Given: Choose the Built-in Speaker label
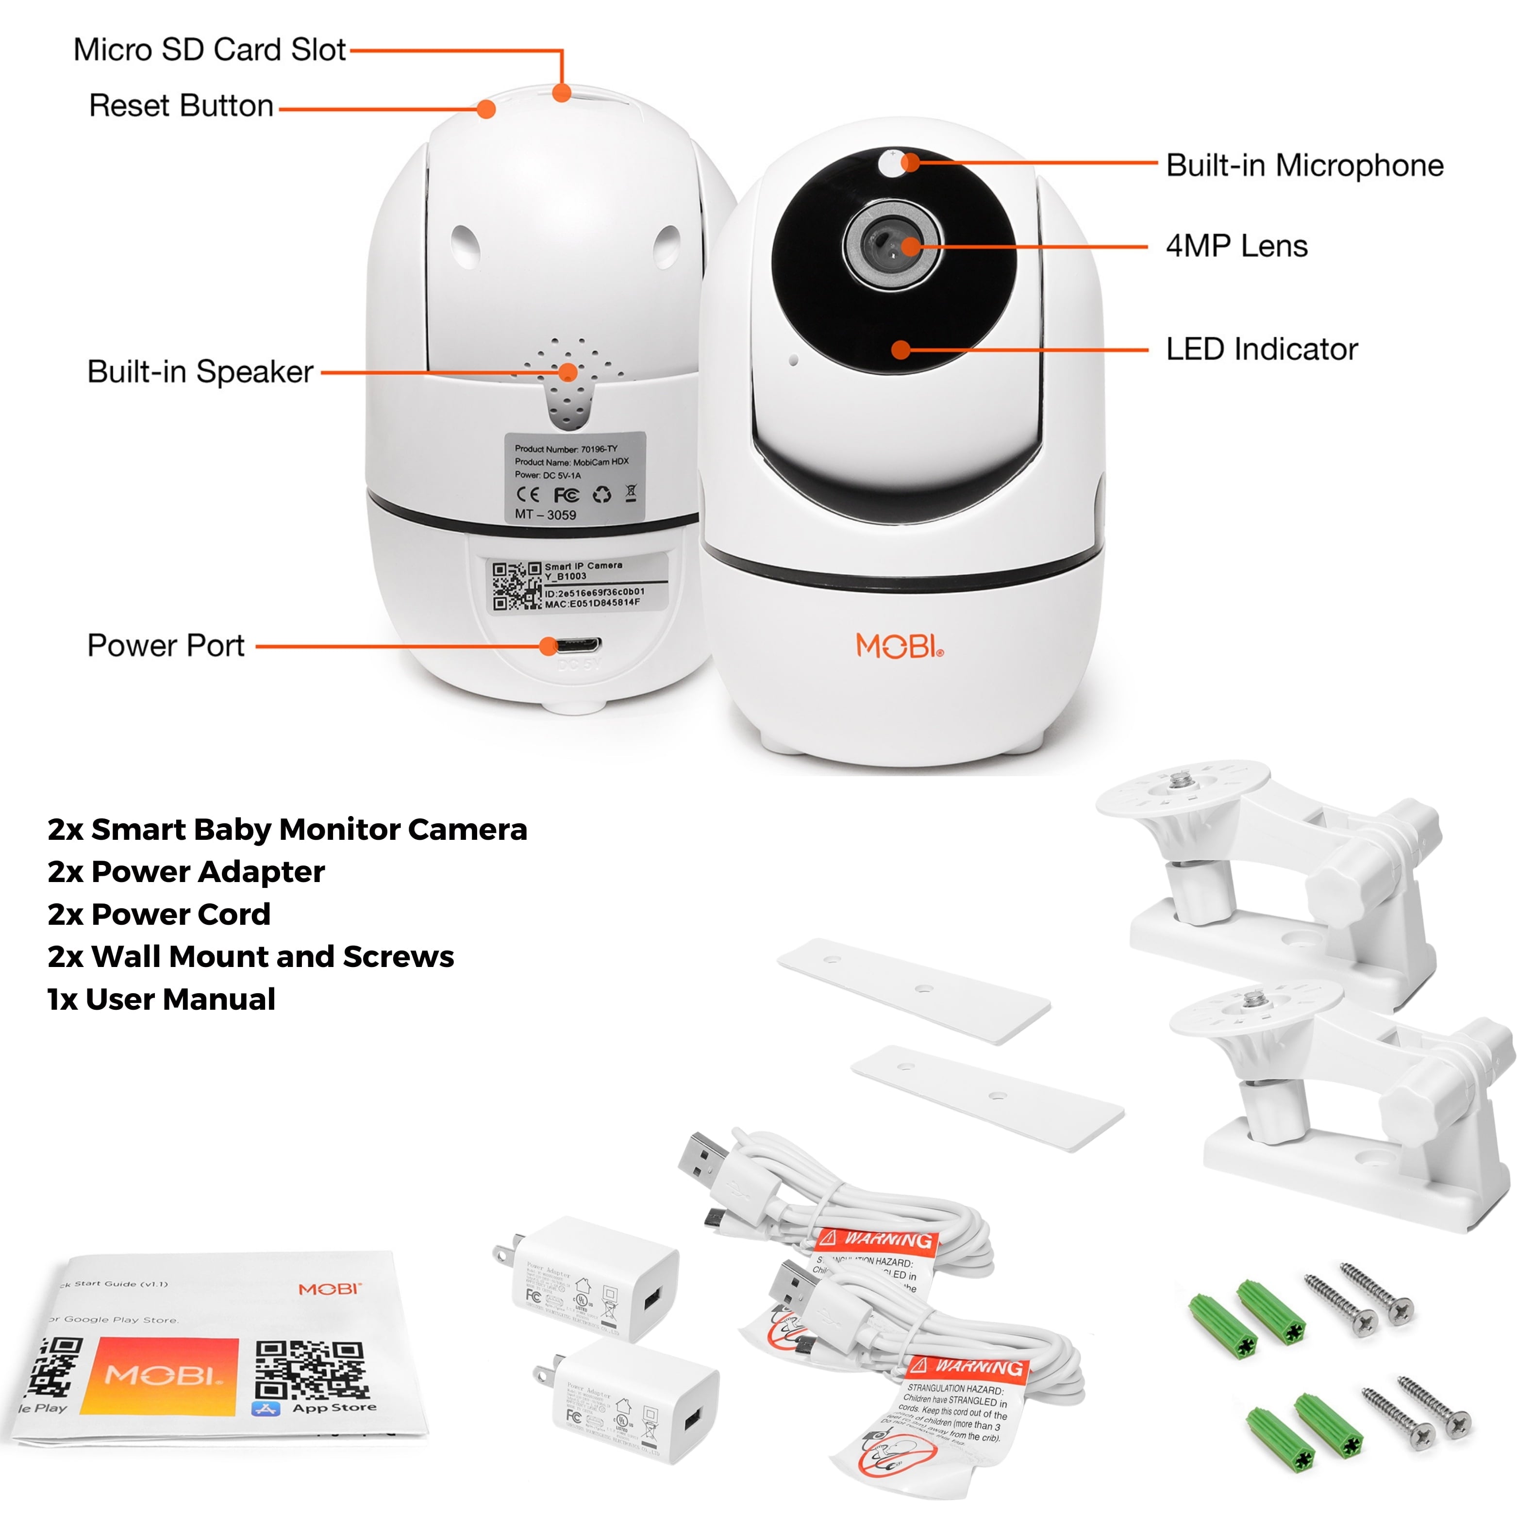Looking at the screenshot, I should coord(200,371).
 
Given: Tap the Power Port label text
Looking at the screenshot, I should coord(166,646).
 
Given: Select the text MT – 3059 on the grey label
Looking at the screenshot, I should coord(546,514).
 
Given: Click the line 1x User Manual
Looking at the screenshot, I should coord(161,999).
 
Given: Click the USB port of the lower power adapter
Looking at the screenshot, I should coord(693,1419).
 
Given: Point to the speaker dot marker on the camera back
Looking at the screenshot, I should coord(567,372).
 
